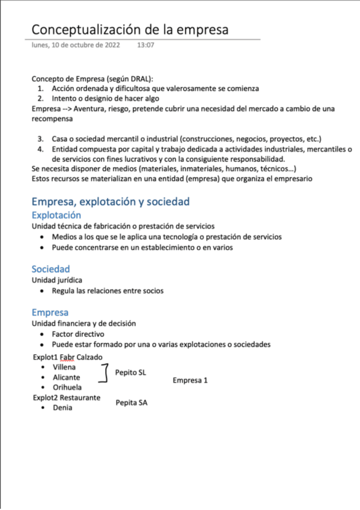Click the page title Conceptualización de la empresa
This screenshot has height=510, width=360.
pyautogui.click(x=130, y=29)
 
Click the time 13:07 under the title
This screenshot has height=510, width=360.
pyautogui.click(x=145, y=45)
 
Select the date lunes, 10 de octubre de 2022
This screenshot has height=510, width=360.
pyautogui.click(x=76, y=45)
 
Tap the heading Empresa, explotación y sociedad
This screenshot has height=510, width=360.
pyautogui.click(x=111, y=201)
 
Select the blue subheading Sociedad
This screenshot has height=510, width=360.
pyautogui.click(x=50, y=269)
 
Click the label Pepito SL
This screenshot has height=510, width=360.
pyautogui.click(x=130, y=372)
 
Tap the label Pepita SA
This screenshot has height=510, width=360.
pyautogui.click(x=132, y=402)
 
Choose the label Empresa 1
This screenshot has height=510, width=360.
pyautogui.click(x=190, y=381)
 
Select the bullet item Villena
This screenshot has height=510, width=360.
pyautogui.click(x=64, y=367)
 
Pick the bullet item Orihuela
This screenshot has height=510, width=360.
pyautogui.click(x=67, y=387)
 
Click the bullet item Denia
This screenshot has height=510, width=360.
pyautogui.click(x=63, y=408)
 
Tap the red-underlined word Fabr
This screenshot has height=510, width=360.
pyautogui.click(x=67, y=357)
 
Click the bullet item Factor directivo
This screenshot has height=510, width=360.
pyautogui.click(x=78, y=334)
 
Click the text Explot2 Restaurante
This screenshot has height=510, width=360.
pyautogui.click(x=67, y=398)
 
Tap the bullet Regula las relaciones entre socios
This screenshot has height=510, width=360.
pyautogui.click(x=107, y=291)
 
